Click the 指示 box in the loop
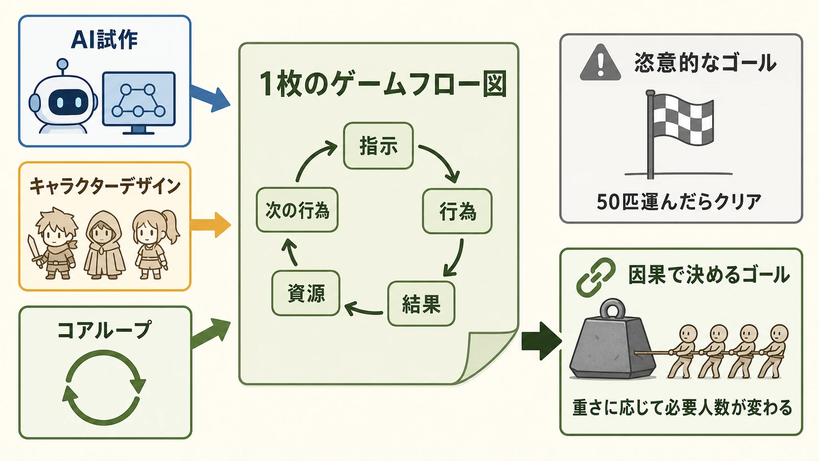[x=379, y=146]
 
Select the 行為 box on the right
[x=457, y=211]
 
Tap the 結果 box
[x=421, y=304]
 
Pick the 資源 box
[x=306, y=293]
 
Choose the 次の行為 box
[x=297, y=210]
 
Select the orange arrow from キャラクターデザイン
[x=211, y=225]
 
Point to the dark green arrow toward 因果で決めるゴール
[x=541, y=341]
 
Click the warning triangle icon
[x=601, y=63]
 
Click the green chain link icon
[x=595, y=277]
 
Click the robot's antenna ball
[x=63, y=64]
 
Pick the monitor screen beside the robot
[x=139, y=99]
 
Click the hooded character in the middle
[x=104, y=245]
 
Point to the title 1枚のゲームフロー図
[x=383, y=84]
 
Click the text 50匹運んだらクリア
[x=679, y=202]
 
